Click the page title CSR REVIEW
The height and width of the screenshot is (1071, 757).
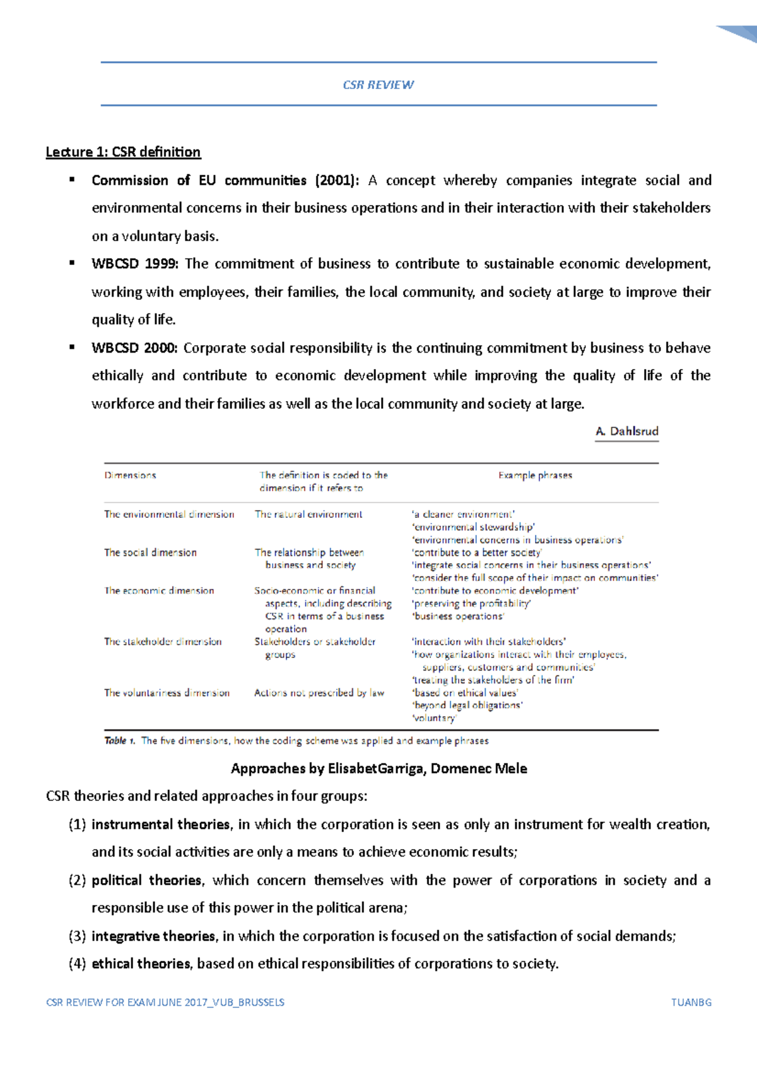point(378,85)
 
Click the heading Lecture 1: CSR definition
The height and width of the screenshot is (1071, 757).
point(123,152)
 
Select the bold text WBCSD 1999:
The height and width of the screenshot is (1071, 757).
point(135,264)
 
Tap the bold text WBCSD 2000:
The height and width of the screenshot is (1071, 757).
point(135,348)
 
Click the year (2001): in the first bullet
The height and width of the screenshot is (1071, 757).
point(337,180)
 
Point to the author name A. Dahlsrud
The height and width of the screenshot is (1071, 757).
point(626,431)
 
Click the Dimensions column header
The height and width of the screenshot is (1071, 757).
point(130,476)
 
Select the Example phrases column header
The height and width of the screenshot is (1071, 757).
point(535,476)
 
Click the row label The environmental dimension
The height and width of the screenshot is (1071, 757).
point(169,514)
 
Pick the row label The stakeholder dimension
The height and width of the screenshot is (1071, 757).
point(163,641)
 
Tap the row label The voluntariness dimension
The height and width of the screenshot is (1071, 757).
point(167,693)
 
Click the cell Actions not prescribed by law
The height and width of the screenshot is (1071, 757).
point(319,693)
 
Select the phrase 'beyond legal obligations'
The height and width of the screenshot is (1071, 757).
point(467,705)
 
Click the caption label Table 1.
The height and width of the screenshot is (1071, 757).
point(120,740)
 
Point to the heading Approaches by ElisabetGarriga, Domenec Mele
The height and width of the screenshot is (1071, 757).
point(378,768)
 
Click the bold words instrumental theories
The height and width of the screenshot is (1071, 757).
point(161,824)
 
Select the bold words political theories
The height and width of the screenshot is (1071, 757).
point(147,881)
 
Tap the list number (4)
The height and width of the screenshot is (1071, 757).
point(77,964)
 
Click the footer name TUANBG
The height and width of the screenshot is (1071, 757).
point(691,1002)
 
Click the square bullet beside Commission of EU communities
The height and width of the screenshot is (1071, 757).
point(72,180)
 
